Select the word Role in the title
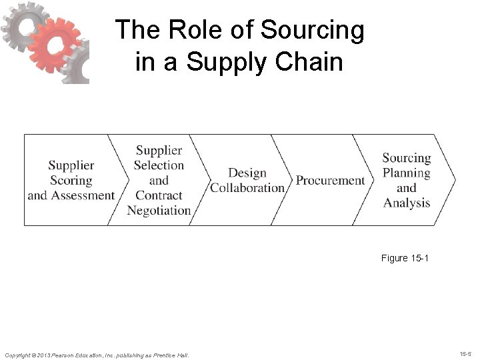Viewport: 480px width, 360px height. click(196, 31)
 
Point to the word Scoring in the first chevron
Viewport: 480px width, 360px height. click(71, 180)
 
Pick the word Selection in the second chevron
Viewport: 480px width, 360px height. click(159, 165)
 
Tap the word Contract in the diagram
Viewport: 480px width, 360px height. click(159, 195)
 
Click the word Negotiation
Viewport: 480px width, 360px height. click(159, 211)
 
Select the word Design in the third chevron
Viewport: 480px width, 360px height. click(247, 173)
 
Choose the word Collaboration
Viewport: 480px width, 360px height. click(247, 188)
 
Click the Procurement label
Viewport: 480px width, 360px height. click(330, 181)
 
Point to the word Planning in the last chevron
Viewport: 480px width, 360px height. click(406, 173)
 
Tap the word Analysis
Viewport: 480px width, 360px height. click(406, 203)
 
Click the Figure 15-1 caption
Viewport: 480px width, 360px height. click(405, 258)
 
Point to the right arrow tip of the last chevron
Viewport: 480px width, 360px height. click(455, 179)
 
